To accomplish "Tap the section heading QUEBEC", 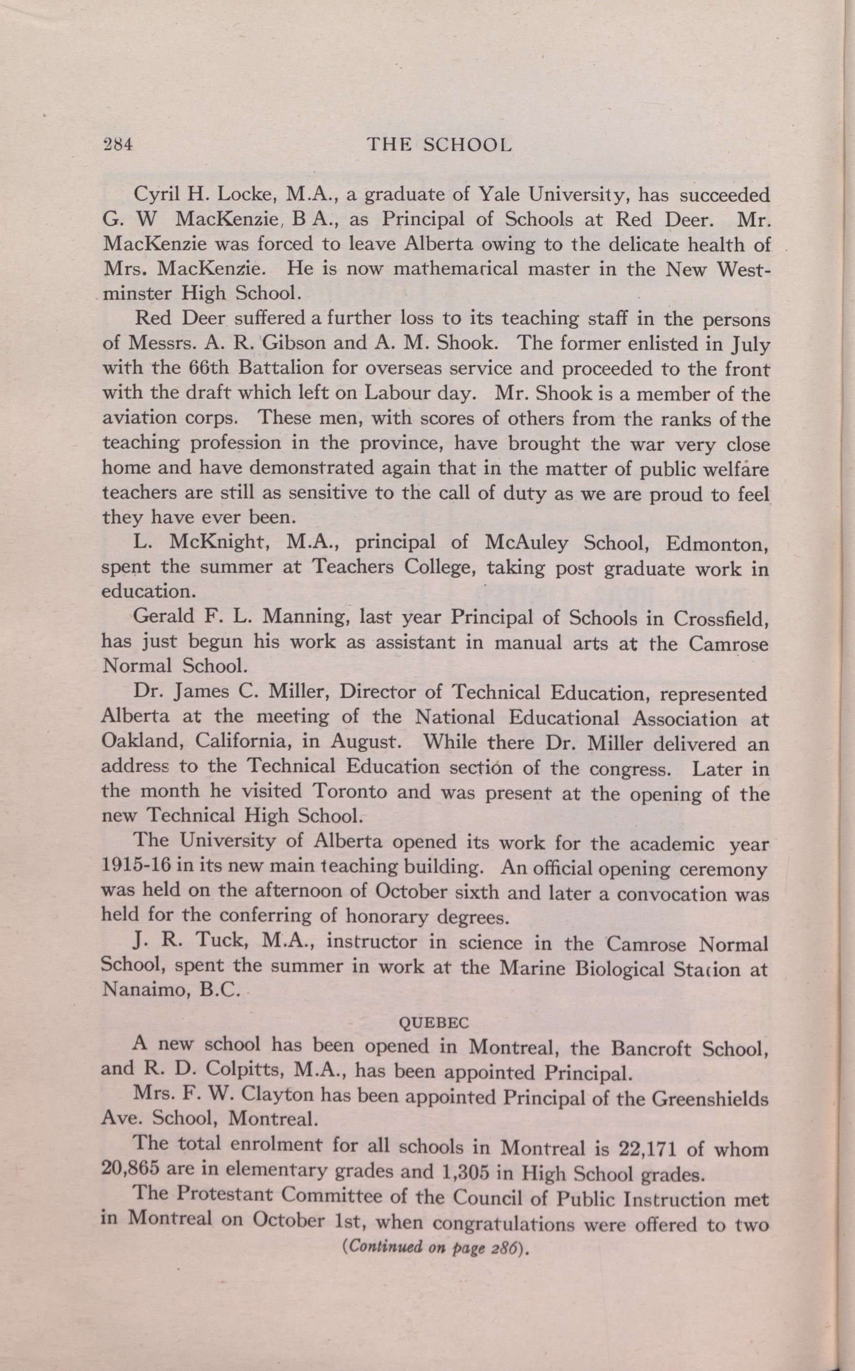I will (434, 1022).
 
